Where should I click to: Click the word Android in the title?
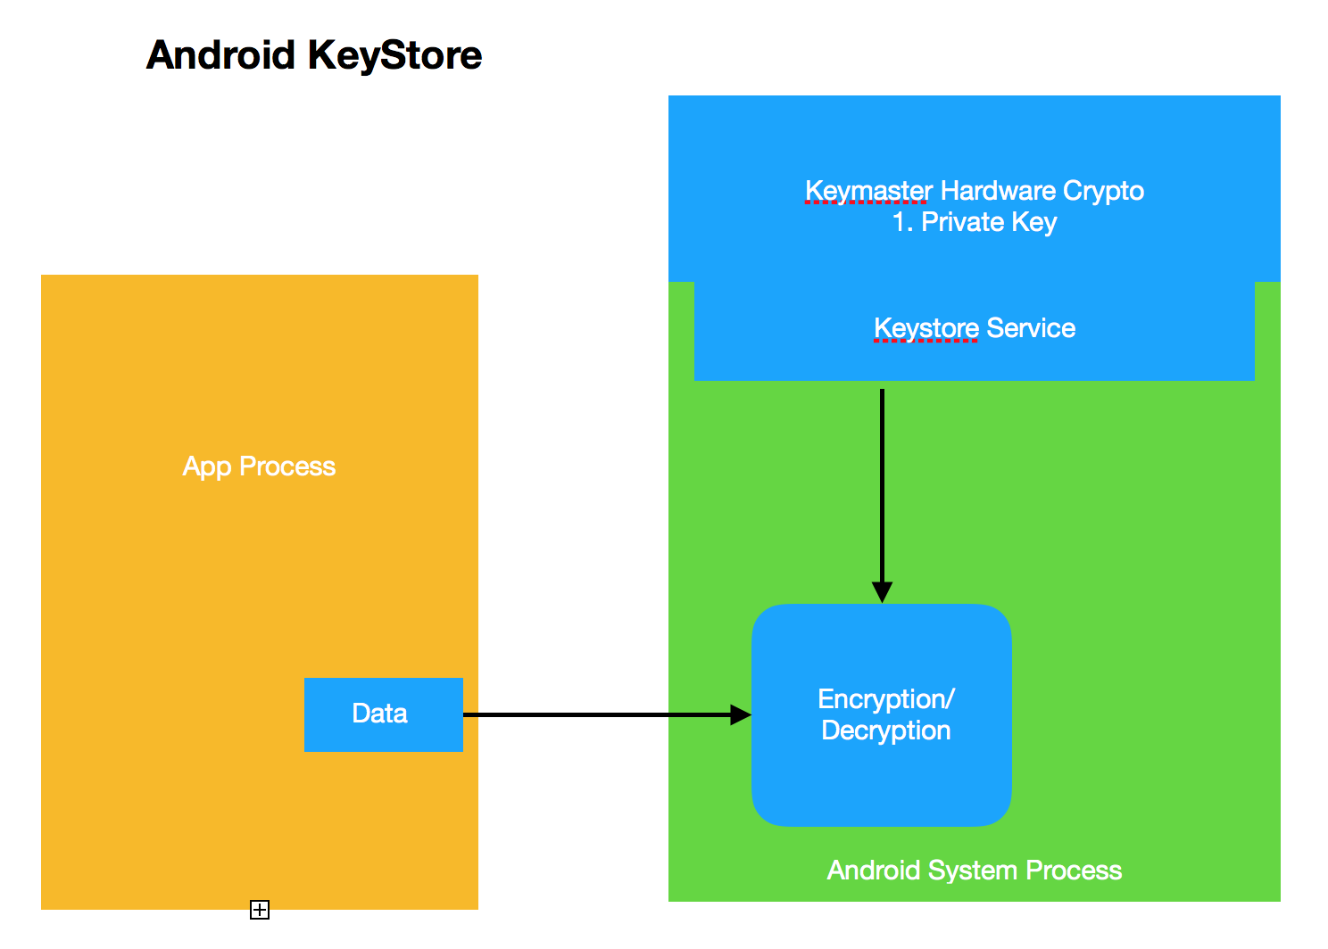click(x=220, y=55)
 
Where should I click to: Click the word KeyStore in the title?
click(x=394, y=55)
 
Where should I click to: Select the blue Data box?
click(x=384, y=714)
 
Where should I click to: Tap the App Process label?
click(x=259, y=466)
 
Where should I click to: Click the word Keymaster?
click(x=868, y=191)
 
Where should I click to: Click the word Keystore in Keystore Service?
click(x=926, y=328)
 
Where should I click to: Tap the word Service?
click(x=1031, y=328)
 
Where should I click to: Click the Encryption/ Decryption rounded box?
click(x=882, y=715)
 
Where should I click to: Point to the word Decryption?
click(x=886, y=731)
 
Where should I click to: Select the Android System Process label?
click(x=975, y=871)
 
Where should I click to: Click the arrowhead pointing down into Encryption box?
click(x=882, y=592)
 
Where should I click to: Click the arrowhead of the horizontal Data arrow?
click(x=741, y=715)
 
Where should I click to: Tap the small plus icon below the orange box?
click(x=260, y=910)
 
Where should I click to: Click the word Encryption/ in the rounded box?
click(x=886, y=699)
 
